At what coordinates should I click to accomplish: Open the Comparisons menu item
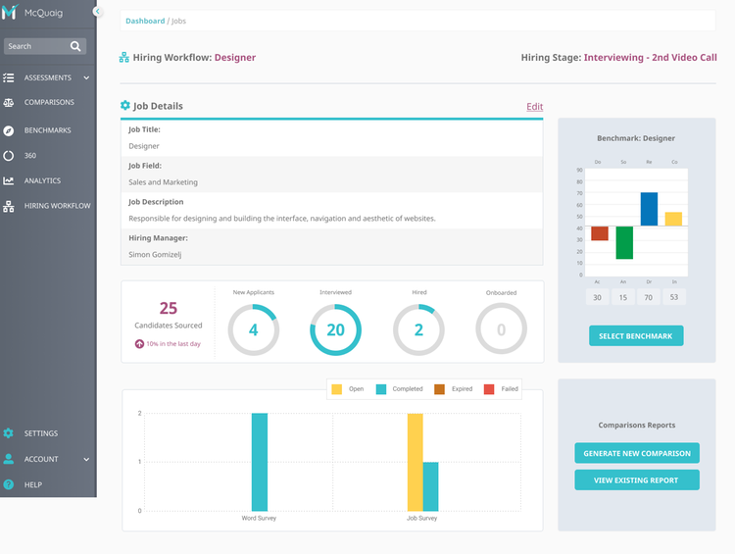(48, 102)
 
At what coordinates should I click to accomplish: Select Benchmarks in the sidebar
(47, 130)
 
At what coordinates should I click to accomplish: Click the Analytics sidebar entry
(42, 180)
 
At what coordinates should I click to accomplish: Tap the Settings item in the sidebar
(40, 433)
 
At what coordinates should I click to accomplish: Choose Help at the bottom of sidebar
(32, 484)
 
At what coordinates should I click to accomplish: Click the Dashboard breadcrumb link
(145, 21)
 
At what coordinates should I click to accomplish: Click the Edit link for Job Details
(534, 107)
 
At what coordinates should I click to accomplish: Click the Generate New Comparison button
(637, 453)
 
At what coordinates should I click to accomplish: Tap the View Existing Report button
(637, 480)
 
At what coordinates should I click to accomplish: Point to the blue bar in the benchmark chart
(649, 209)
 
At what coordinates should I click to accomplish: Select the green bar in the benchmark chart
(624, 242)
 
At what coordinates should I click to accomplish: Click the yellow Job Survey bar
(416, 462)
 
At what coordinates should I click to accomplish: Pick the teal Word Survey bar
(260, 462)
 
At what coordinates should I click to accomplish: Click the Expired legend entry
(454, 389)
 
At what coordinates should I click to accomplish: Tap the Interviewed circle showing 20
(335, 329)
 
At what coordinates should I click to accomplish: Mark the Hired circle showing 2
(418, 329)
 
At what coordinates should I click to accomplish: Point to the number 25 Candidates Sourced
(168, 309)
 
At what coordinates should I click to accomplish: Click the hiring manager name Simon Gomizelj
(154, 254)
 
